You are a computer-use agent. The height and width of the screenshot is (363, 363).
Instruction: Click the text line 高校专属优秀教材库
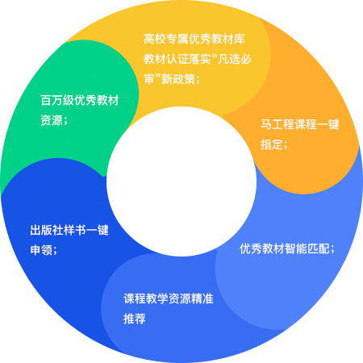(x=194, y=39)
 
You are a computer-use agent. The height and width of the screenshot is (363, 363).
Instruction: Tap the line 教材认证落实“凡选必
(x=198, y=59)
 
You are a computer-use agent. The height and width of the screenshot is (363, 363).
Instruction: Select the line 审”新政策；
(x=172, y=79)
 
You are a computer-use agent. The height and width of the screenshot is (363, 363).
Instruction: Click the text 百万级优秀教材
(x=80, y=100)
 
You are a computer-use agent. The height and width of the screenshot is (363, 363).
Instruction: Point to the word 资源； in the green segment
(x=54, y=120)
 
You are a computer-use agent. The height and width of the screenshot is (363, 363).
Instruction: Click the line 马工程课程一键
(x=300, y=124)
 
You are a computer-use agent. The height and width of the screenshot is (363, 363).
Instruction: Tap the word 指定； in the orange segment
(x=274, y=144)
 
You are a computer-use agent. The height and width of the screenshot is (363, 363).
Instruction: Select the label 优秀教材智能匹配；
(x=287, y=248)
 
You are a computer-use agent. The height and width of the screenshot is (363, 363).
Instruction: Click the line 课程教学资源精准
(x=169, y=298)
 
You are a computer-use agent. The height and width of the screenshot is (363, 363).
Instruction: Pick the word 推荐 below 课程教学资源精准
(x=135, y=319)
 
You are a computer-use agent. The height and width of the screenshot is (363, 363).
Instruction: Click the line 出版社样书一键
(x=69, y=230)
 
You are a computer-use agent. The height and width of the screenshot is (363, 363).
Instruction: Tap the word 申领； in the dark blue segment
(x=44, y=250)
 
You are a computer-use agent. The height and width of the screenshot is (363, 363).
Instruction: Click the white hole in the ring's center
(x=181, y=181)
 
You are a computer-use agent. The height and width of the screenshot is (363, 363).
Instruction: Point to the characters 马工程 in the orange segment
(x=277, y=124)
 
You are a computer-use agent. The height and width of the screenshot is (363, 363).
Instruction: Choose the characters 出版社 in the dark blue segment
(x=47, y=230)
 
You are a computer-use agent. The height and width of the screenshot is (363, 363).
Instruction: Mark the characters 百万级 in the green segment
(x=57, y=100)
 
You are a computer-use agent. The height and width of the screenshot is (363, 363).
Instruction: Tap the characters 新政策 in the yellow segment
(x=178, y=79)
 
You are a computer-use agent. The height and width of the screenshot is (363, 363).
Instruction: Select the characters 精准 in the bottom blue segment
(x=202, y=298)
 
